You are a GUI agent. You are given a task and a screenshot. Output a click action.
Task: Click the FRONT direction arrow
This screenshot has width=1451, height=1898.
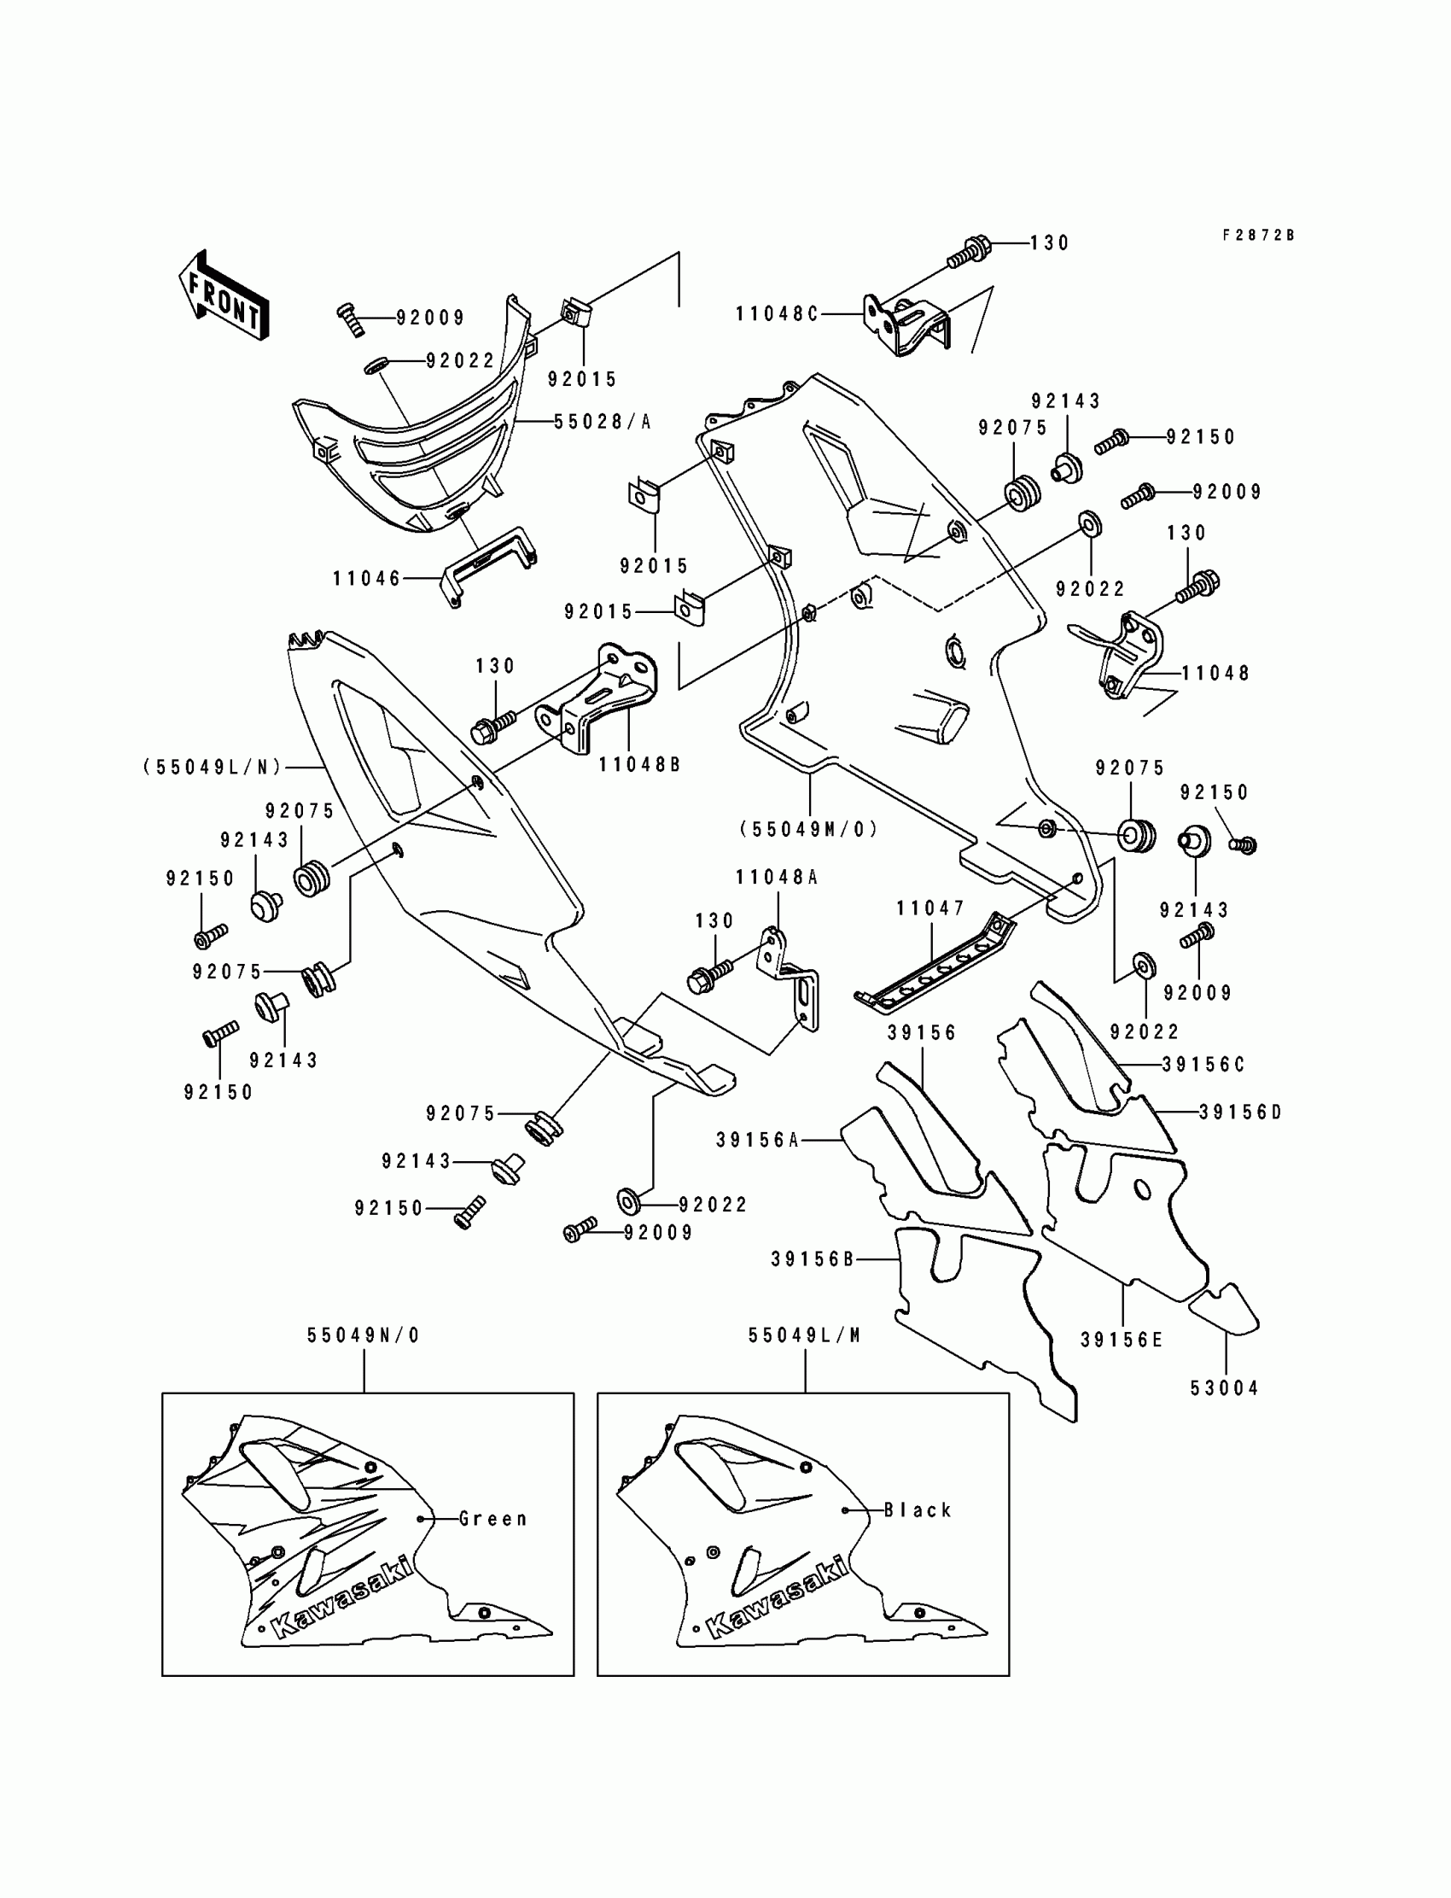(x=224, y=295)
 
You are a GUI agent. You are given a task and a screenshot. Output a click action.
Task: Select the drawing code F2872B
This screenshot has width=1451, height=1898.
(x=1258, y=235)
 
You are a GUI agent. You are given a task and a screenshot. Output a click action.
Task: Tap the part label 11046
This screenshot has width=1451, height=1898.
(x=367, y=579)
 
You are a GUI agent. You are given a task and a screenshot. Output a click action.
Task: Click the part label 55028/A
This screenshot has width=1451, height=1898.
(x=602, y=422)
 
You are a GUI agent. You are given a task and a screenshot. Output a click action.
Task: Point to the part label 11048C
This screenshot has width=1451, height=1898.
(x=777, y=313)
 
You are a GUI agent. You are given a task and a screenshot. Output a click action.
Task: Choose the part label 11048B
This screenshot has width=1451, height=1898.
(x=640, y=764)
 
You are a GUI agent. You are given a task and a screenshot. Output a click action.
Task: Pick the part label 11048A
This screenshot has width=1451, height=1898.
(x=777, y=877)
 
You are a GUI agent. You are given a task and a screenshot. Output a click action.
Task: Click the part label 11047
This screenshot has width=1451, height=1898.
(x=930, y=908)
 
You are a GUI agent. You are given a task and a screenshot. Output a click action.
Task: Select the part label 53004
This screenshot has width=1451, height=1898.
(x=1225, y=1388)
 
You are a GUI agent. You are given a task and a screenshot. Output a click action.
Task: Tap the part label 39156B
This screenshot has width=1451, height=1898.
(x=813, y=1259)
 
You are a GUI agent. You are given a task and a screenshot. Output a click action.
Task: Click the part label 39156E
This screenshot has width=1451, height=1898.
(x=1122, y=1340)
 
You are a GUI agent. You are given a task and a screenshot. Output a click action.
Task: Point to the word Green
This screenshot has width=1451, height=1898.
(x=492, y=1519)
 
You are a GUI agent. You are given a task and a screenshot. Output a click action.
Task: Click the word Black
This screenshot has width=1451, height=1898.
(x=918, y=1510)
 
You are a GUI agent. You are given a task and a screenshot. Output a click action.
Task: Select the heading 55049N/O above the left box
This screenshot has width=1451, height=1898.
(x=364, y=1335)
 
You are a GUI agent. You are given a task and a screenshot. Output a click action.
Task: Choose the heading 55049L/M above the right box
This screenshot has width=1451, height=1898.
(x=805, y=1335)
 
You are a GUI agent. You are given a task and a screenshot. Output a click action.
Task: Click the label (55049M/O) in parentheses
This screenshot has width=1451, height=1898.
(x=808, y=829)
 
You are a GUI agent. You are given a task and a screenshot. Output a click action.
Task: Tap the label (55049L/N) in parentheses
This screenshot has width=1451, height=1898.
(x=213, y=766)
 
